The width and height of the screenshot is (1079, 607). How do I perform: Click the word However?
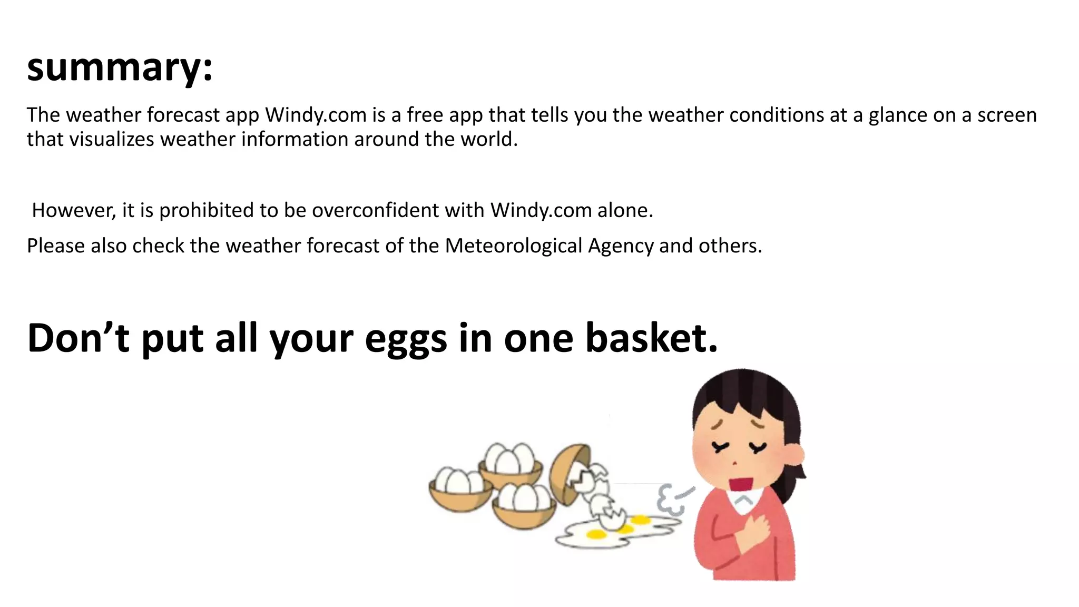pos(73,210)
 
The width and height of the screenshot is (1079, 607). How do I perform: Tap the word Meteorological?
pos(513,246)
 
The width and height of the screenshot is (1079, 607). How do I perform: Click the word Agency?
pos(621,246)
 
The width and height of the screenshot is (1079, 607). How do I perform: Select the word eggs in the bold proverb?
pos(406,338)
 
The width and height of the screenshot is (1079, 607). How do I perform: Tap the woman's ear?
pos(795,454)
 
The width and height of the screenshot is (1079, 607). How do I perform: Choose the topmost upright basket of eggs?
pos(510,466)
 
